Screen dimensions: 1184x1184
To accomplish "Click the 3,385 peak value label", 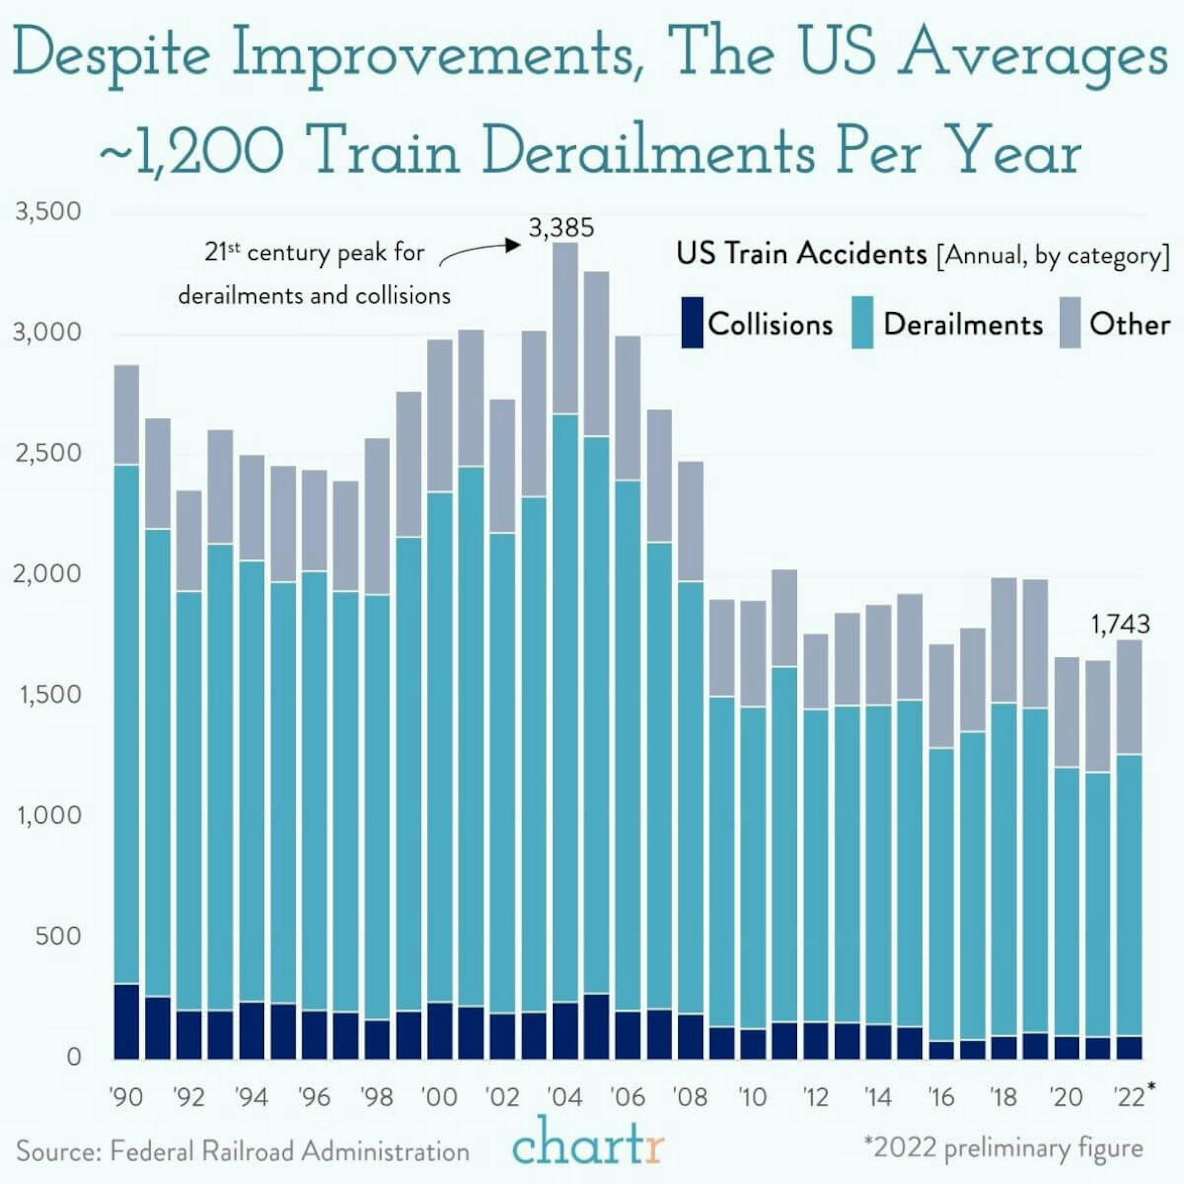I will click(x=561, y=228).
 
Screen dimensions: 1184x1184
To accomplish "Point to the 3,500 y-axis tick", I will click(x=48, y=212).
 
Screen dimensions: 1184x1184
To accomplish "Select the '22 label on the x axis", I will click(x=1129, y=1096).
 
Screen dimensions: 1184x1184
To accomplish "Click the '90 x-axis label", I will click(x=126, y=1096).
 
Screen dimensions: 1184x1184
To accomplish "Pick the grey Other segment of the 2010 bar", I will click(x=753, y=653).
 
